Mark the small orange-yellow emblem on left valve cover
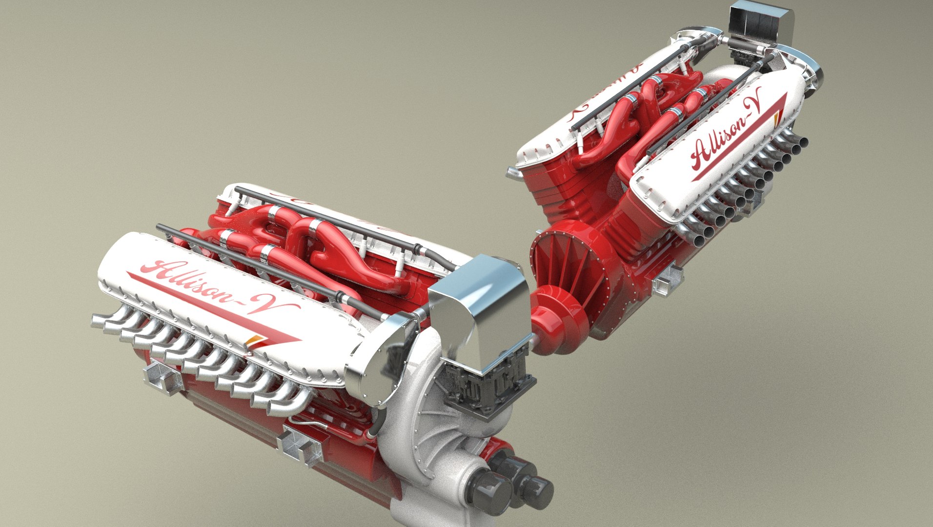click(x=252, y=341)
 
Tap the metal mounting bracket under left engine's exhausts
click(x=161, y=376)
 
